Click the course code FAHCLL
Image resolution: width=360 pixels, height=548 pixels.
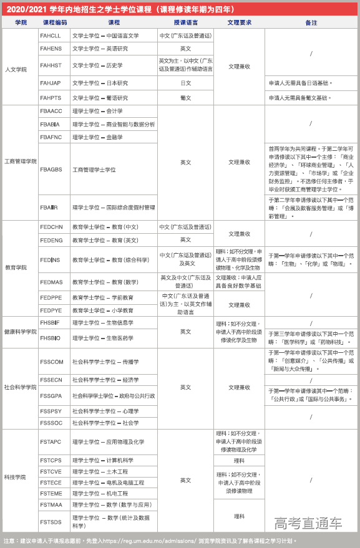51,36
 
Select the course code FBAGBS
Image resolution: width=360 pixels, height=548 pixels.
51,170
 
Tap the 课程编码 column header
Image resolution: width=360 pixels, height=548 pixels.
54,22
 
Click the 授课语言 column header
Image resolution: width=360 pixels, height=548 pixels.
185,22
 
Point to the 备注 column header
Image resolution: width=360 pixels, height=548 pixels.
311,22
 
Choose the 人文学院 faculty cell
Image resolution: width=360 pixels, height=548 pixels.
16,69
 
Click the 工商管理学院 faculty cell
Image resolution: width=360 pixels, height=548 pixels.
20,162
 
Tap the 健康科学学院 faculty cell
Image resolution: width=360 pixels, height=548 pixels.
20,332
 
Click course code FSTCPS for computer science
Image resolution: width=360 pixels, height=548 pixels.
51,460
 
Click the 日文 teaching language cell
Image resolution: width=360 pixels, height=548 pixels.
185,83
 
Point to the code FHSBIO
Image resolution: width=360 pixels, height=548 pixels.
51,339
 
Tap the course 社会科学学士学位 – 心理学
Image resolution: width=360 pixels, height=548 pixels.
105,411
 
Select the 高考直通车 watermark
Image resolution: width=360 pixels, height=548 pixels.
308,522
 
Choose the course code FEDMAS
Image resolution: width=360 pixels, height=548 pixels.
51,282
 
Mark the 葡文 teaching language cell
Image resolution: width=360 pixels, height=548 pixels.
185,98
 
